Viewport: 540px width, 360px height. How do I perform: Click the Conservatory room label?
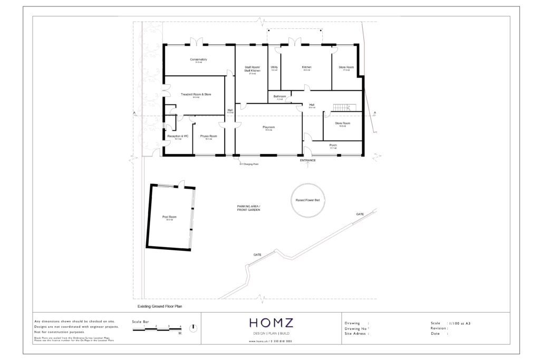198,60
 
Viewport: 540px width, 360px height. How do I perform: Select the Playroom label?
269,127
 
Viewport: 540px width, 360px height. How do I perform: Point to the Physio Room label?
208,136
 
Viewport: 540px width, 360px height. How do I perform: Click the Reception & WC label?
178,136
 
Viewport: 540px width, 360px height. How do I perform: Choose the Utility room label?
274,67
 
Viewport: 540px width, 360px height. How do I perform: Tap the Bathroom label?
280,96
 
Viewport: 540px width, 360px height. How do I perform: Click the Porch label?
333,145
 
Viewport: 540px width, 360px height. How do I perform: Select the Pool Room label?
169,217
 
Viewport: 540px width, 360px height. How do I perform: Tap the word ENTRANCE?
308,160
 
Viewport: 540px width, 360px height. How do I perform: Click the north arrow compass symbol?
195,327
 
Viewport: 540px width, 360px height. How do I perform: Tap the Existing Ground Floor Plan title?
160,306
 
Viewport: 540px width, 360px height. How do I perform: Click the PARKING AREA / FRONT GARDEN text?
248,208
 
